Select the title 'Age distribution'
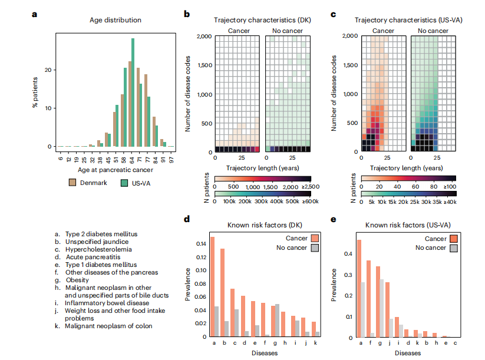(116, 20)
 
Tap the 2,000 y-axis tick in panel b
(203, 37)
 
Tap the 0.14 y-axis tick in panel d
(200, 242)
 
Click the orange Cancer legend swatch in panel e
(454, 239)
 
